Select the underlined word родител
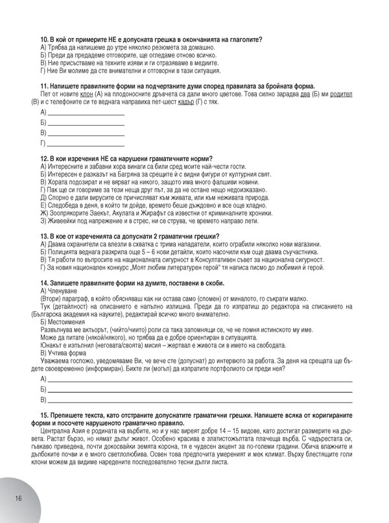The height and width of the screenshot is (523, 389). (340, 93)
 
